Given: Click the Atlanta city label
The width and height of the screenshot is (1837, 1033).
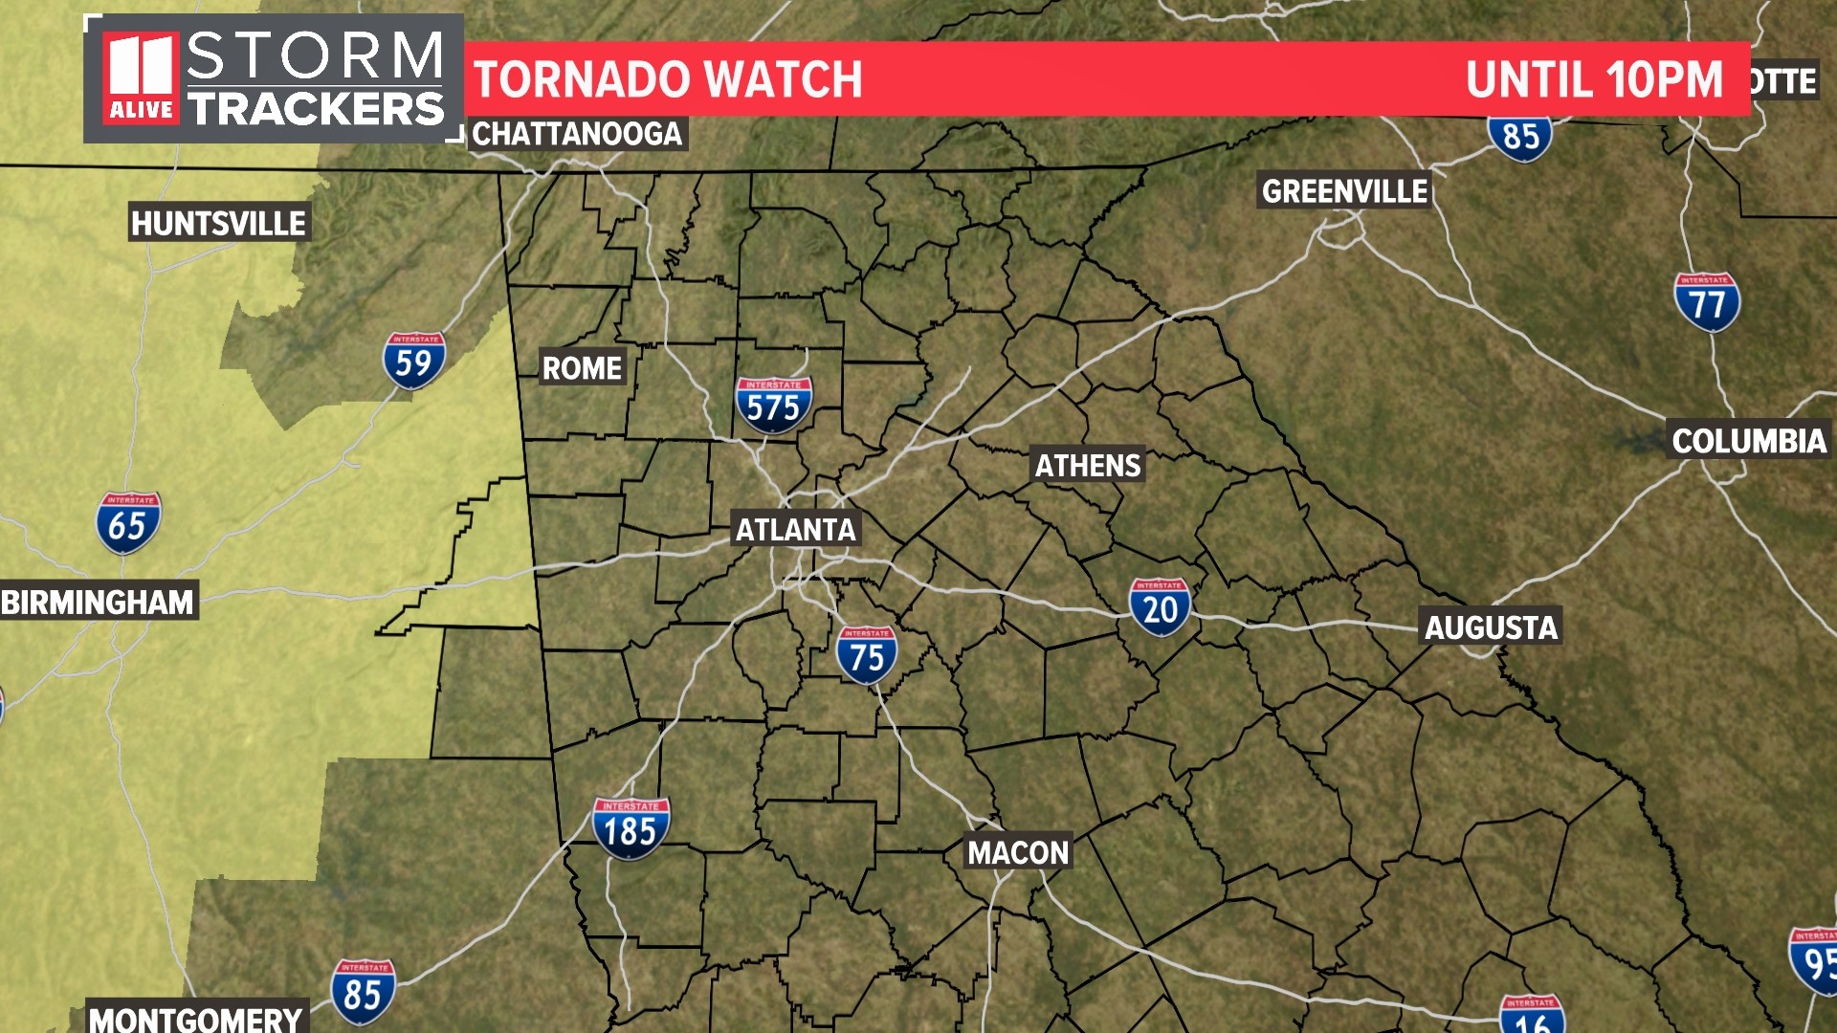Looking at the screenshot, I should coord(795,529).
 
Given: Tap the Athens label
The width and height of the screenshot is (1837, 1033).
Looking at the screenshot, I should coord(1088,466).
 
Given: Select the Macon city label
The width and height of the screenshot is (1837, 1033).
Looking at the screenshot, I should coord(1018,852).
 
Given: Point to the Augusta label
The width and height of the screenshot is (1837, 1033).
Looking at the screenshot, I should coord(1491,627).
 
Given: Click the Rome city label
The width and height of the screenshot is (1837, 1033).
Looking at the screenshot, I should coord(582,368).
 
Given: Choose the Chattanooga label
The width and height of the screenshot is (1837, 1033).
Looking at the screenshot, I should coord(577,134).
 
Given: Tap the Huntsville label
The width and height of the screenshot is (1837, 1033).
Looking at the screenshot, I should coord(218,224).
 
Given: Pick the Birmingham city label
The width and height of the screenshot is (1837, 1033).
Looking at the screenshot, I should coord(98,603).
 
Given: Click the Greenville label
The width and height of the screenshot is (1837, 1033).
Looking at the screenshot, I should coord(1344,191).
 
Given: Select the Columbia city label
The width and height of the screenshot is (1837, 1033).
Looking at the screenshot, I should coord(1749,441).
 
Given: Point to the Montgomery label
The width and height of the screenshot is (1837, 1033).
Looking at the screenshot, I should coord(196,1019).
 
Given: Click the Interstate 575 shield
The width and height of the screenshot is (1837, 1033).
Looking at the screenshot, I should coord(773,405).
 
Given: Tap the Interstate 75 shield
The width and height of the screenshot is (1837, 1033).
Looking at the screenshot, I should coord(867,655).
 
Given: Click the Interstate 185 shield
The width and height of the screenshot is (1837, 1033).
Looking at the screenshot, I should coord(631,828).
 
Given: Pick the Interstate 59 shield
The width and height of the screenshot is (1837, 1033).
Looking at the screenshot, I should coord(414,361).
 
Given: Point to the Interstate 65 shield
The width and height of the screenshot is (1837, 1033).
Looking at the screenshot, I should coord(128,523).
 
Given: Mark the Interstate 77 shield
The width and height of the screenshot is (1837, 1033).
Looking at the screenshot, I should coord(1707,302).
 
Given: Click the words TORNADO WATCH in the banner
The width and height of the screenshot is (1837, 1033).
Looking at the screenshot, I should coord(668,79).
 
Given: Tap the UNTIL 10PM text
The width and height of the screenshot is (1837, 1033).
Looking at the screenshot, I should coord(1594,79).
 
